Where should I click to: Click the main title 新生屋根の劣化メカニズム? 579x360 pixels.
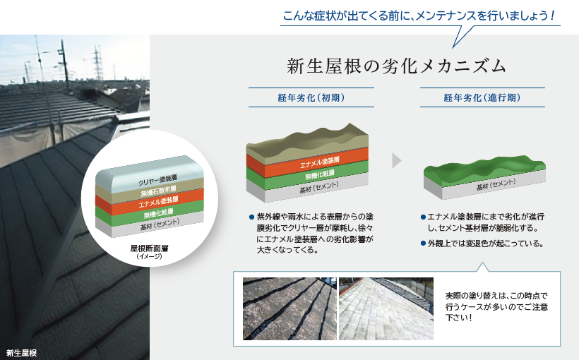click(x=396, y=66)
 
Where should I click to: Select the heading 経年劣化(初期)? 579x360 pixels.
click(x=311, y=98)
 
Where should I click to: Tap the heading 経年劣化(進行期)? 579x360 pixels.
click(x=482, y=98)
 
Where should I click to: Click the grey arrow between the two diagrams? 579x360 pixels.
click(x=397, y=161)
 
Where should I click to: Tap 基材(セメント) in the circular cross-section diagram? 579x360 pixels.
click(x=160, y=224)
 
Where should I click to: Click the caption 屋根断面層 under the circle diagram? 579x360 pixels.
click(x=149, y=248)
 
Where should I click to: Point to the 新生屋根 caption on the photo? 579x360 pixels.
click(x=22, y=353)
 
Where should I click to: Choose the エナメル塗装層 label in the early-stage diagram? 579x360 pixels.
click(x=320, y=162)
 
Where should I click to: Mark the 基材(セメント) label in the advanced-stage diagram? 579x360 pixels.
click(x=496, y=184)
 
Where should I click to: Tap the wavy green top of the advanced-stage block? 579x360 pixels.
click(x=484, y=168)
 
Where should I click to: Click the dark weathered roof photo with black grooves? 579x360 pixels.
click(x=290, y=308)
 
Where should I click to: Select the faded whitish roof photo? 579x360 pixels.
click(x=386, y=308)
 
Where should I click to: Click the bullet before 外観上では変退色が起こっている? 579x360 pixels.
click(x=423, y=244)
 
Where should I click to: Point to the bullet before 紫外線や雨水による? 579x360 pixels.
click(x=251, y=217)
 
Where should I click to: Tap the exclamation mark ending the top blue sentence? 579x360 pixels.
click(x=552, y=16)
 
